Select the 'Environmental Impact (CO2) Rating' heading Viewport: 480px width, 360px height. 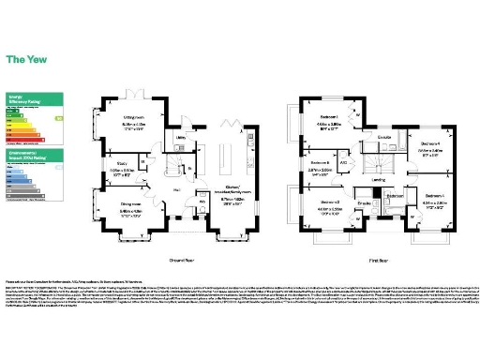(26, 152)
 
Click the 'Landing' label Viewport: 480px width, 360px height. (378, 179)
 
